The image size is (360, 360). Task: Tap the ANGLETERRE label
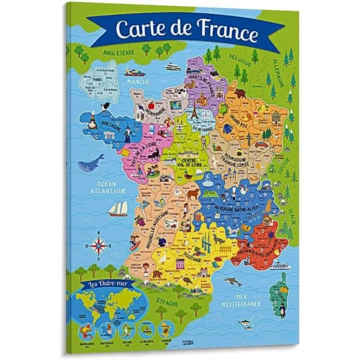click(118, 52)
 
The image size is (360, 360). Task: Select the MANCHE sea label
click(136, 82)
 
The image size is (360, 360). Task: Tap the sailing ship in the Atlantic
click(120, 208)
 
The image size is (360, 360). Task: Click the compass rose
click(98, 246)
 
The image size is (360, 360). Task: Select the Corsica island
click(281, 288)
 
